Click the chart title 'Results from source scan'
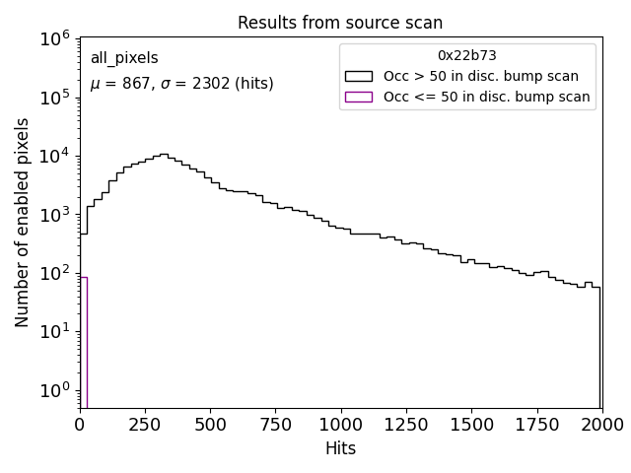pyautogui.click(x=340, y=23)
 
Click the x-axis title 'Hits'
pyautogui.click(x=340, y=448)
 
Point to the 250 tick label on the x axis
pyautogui.click(x=145, y=425)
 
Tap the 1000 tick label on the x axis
pyautogui.click(x=340, y=425)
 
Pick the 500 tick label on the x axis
pyautogui.click(x=210, y=425)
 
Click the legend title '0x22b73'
pyautogui.click(x=467, y=56)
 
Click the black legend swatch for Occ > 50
pyautogui.click(x=358, y=76)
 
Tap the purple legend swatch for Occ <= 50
pyautogui.click(x=358, y=97)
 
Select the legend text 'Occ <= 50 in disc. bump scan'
pyautogui.click(x=486, y=97)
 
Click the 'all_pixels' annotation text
pyautogui.click(x=124, y=58)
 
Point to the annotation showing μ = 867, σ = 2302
pyautogui.click(x=181, y=84)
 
